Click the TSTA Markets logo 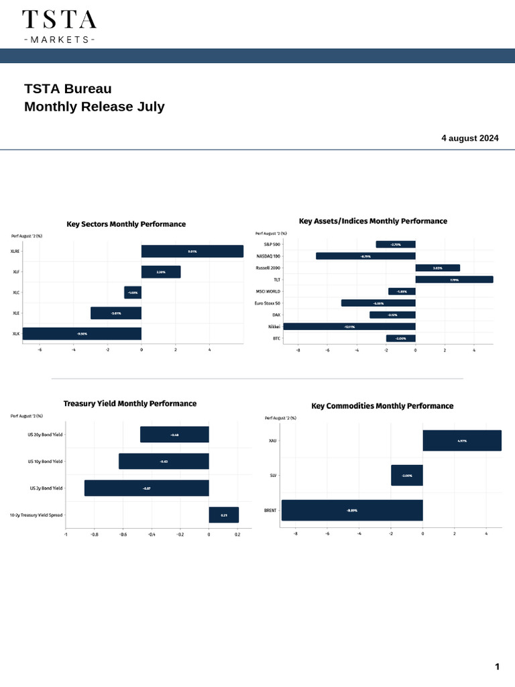pyautogui.click(x=59, y=26)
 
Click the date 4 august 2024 pyautogui.click(x=469, y=138)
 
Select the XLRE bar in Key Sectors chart pyautogui.click(x=192, y=252)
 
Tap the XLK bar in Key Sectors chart pyautogui.click(x=82, y=333)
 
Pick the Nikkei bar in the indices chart pyautogui.click(x=349, y=327)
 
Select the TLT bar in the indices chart pyautogui.click(x=454, y=280)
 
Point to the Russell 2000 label pyautogui.click(x=268, y=268)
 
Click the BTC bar pyautogui.click(x=400, y=339)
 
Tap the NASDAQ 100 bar pyautogui.click(x=365, y=256)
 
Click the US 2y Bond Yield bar pyautogui.click(x=147, y=488)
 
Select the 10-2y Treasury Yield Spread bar pyautogui.click(x=223, y=515)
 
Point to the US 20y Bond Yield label pyautogui.click(x=45, y=435)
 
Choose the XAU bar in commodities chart pyautogui.click(x=462, y=441)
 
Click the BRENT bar pyautogui.click(x=352, y=511)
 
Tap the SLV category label pyautogui.click(x=272, y=476)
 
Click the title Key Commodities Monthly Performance pyautogui.click(x=382, y=406)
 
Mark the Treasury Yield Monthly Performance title pyautogui.click(x=130, y=404)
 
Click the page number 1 pyautogui.click(x=497, y=667)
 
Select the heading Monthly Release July pyautogui.click(x=95, y=107)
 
